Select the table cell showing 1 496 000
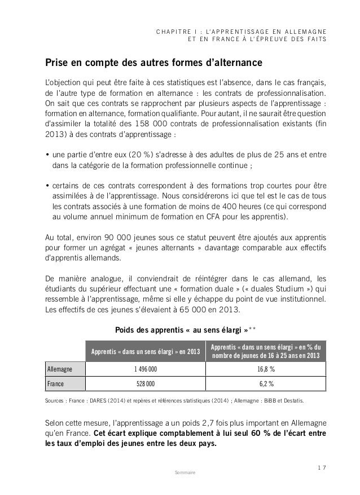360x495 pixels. click(x=145, y=369)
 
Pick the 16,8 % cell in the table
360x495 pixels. click(x=267, y=369)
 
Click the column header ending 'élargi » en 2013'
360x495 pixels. click(x=145, y=353)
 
